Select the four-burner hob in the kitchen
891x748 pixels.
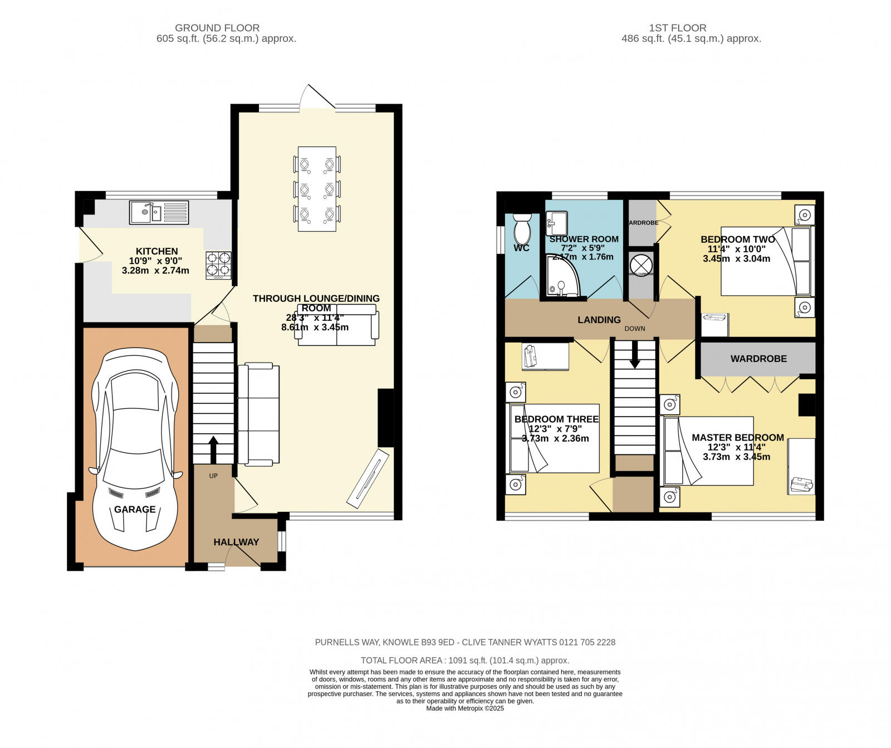219,265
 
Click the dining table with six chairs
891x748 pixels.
317,189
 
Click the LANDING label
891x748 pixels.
599,320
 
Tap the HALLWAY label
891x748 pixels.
236,542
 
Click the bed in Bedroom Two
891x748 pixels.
767,261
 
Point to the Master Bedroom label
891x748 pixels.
737,438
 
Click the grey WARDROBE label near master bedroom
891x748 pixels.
758,359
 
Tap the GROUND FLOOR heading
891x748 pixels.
217,28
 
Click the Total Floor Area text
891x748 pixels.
465,661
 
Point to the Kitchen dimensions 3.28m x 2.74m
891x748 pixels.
155,271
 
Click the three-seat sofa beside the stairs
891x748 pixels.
258,414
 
